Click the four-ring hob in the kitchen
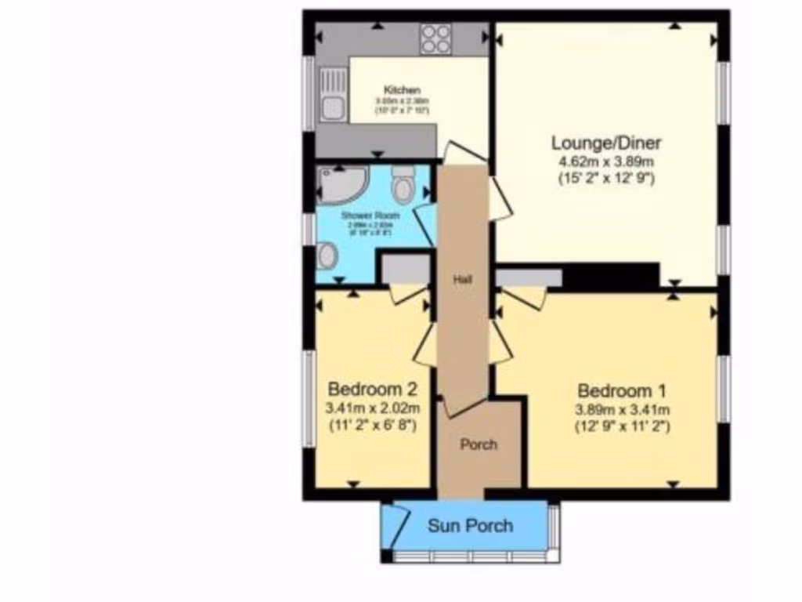435,39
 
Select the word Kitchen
402,90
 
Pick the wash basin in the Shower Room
328,256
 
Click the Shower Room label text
370,216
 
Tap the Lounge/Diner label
606,143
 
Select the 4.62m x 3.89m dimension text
606,161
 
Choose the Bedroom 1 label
615,390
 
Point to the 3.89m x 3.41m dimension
615,409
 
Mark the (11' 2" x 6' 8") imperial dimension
371,426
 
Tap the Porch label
478,444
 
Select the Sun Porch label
470,525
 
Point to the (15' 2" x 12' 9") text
606,178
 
